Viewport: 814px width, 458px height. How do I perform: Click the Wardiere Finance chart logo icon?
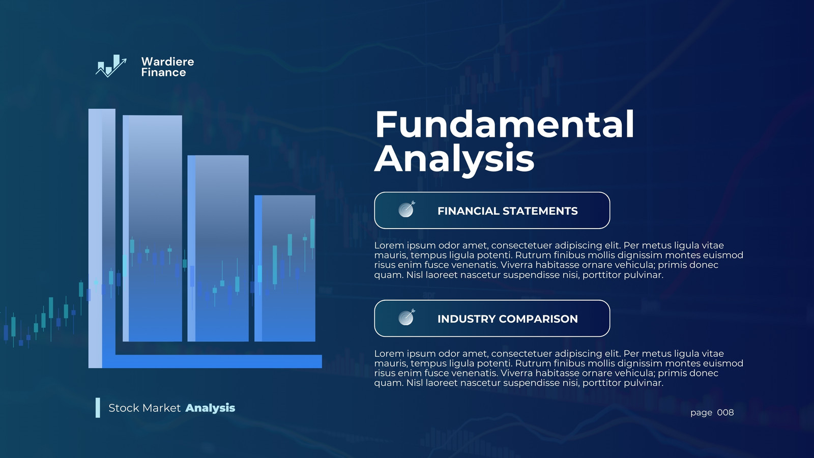tap(111, 66)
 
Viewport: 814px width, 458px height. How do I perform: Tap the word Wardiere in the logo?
tap(167, 62)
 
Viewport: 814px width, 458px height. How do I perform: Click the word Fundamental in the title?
tap(504, 124)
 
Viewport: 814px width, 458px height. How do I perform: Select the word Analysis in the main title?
tap(454, 158)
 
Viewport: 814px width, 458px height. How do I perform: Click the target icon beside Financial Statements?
tap(406, 209)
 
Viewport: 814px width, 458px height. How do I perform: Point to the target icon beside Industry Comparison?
tap(406, 317)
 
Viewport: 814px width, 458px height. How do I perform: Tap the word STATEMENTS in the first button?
tap(540, 211)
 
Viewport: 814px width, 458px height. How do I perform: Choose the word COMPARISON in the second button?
tap(538, 319)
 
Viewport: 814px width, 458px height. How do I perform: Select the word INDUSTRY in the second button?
tap(466, 319)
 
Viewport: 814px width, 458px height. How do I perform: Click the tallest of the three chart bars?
tap(152, 228)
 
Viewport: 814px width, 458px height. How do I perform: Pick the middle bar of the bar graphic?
tap(218, 248)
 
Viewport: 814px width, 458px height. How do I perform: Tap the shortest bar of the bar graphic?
tap(285, 268)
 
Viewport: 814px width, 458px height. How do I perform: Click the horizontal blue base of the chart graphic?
tap(212, 361)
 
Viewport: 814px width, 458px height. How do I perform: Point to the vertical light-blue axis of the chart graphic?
tap(95, 239)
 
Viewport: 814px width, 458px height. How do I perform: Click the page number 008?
tap(725, 413)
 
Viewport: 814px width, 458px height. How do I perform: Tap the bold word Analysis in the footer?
tap(210, 408)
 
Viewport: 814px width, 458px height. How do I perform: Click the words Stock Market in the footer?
tap(144, 408)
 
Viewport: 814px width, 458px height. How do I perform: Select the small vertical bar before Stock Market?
tap(98, 408)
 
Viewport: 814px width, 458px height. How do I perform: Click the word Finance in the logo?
tap(163, 72)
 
